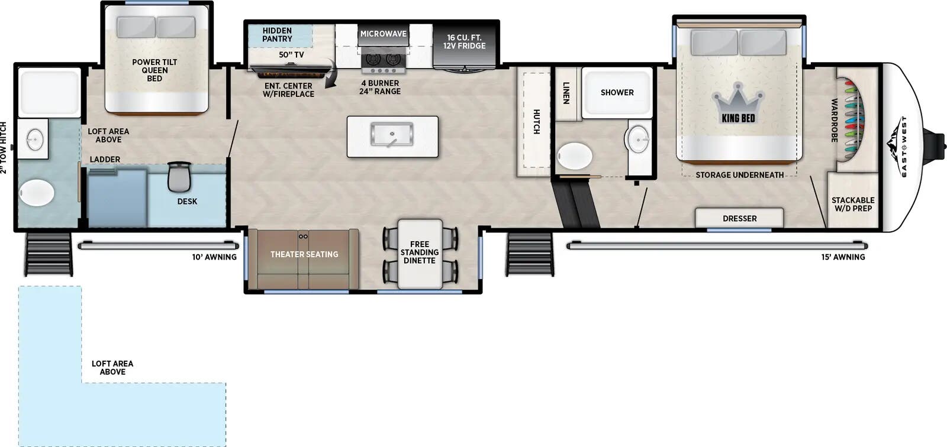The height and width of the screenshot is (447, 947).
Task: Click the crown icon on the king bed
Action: click(x=738, y=103)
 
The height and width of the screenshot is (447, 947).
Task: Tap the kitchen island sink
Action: click(x=392, y=134)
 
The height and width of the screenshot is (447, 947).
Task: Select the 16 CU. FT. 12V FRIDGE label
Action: click(x=464, y=41)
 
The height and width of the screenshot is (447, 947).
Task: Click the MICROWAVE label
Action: click(x=384, y=34)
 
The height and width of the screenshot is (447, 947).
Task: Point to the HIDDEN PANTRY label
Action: click(x=278, y=35)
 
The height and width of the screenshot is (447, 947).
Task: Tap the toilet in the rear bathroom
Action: click(x=37, y=193)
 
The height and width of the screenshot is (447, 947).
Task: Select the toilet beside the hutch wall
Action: click(x=575, y=156)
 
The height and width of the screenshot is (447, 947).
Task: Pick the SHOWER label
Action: click(x=617, y=92)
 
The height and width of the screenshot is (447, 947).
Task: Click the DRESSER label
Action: click(x=739, y=218)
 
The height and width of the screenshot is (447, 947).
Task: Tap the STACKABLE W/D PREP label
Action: click(x=853, y=204)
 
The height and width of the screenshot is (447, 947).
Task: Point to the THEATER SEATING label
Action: click(x=304, y=254)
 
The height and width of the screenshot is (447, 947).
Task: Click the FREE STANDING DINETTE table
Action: click(x=420, y=254)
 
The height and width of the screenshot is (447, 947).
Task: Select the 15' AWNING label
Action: click(x=843, y=257)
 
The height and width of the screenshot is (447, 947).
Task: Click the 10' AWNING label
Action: click(x=214, y=257)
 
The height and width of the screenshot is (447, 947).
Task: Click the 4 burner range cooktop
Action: click(x=384, y=61)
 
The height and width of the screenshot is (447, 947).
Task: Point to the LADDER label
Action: click(x=105, y=159)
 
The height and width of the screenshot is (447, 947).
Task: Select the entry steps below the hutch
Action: click(x=530, y=254)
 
